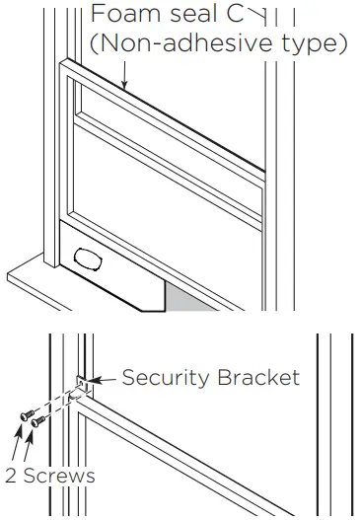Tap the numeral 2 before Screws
tap(8, 475)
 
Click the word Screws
tap(55, 475)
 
